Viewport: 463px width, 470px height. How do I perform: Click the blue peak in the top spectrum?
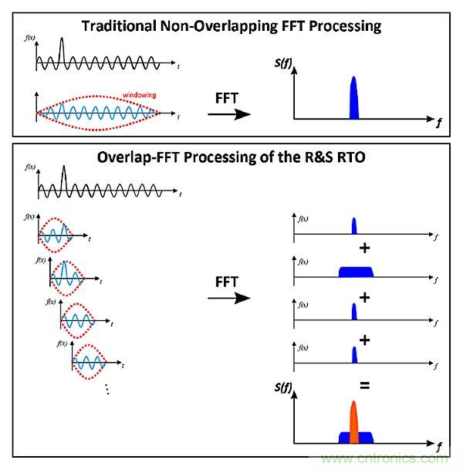[354, 99]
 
